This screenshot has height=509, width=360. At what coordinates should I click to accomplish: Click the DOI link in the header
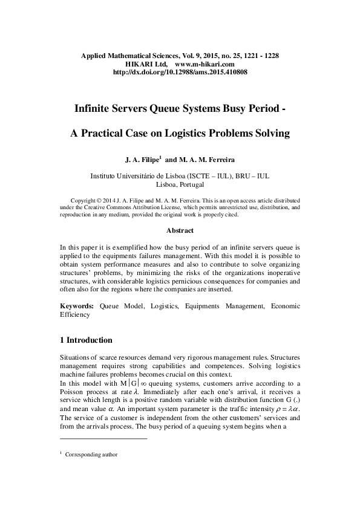(x=180, y=72)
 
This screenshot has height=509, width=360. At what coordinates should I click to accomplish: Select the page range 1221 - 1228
(x=257, y=55)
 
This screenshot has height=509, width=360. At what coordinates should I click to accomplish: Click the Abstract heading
(x=180, y=230)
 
